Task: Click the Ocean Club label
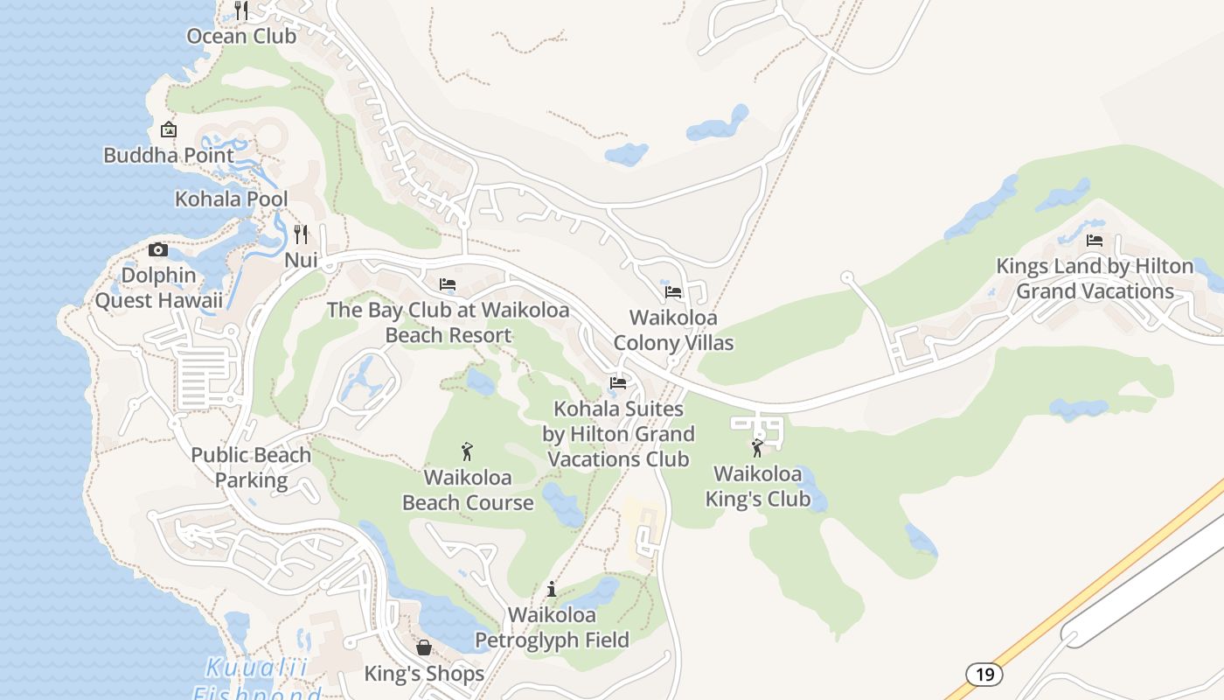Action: point(242,37)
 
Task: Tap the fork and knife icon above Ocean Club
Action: point(242,10)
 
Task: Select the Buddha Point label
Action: point(169,156)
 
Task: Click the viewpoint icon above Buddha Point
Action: point(169,129)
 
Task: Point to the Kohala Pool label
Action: point(231,199)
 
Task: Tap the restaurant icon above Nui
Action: point(301,234)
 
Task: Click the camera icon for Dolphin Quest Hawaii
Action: point(158,249)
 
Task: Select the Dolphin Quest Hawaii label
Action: point(158,288)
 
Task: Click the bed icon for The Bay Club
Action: point(448,283)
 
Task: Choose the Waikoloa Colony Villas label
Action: point(673,330)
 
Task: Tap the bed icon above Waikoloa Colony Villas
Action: point(672,291)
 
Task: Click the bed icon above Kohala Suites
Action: point(618,382)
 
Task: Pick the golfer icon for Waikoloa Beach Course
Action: point(467,451)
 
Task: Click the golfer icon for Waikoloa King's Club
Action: point(757,448)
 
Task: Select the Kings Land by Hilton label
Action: point(1095,278)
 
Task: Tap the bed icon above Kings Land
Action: point(1095,240)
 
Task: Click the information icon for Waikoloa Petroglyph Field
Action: point(551,589)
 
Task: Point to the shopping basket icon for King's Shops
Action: point(424,647)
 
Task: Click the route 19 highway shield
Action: point(984,675)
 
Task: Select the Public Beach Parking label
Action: point(251,467)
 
